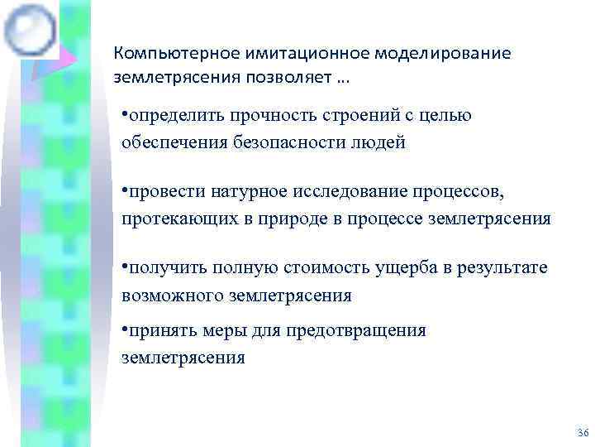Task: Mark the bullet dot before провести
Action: pyautogui.click(x=124, y=190)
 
